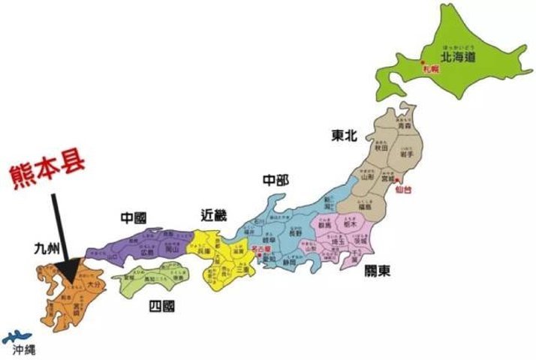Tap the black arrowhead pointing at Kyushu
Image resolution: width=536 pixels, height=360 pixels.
pyautogui.click(x=72, y=269)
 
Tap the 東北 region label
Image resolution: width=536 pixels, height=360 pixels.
pyautogui.click(x=343, y=135)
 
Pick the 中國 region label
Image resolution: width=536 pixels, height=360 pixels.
pyautogui.click(x=134, y=217)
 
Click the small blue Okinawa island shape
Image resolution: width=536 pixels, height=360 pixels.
pyautogui.click(x=14, y=338)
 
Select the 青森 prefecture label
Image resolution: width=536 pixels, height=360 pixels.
pyautogui.click(x=404, y=127)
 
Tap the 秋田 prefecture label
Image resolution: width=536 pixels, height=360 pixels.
pyautogui.click(x=381, y=148)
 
